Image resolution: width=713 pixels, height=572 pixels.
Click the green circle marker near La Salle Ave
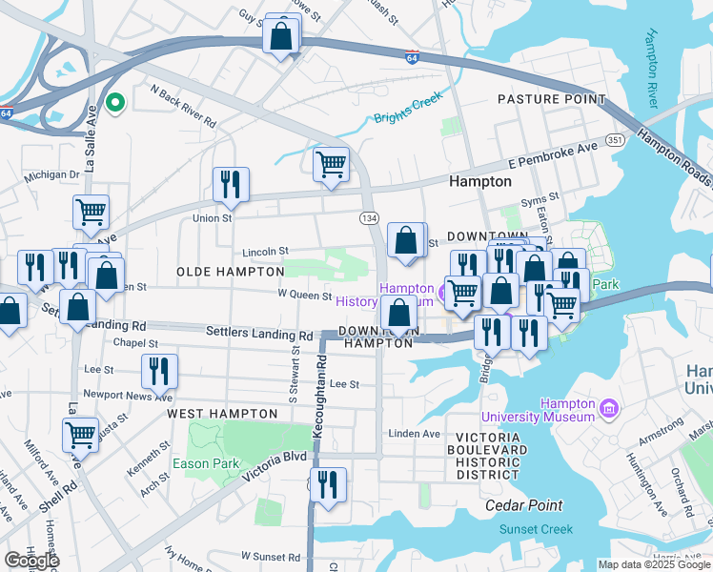(x=114, y=104)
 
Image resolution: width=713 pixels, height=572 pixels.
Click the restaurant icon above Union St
(x=230, y=183)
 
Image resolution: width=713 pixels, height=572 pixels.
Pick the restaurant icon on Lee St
(x=159, y=371)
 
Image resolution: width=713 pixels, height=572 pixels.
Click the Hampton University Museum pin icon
(x=609, y=410)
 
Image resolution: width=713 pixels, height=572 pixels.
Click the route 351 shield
(x=615, y=140)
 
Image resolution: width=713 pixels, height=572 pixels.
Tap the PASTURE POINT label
(x=551, y=99)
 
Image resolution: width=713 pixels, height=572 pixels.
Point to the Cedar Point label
(x=523, y=505)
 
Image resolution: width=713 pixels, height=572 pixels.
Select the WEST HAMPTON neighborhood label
(x=214, y=415)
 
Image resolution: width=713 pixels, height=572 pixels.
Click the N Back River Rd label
(x=182, y=104)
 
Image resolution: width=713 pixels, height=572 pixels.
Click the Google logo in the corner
(x=31, y=561)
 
